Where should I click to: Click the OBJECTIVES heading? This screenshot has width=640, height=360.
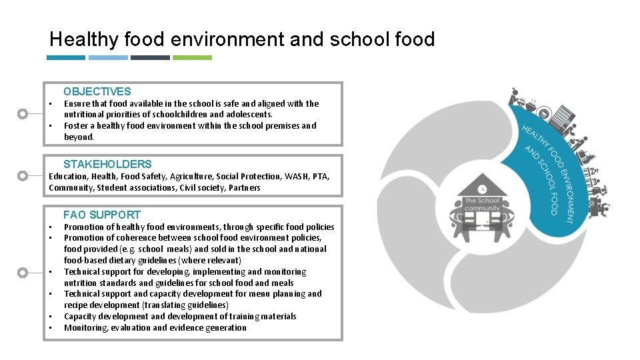click(x=97, y=92)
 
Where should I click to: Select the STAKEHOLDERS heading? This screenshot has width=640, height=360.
click(x=107, y=164)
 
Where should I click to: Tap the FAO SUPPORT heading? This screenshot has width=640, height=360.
click(x=102, y=215)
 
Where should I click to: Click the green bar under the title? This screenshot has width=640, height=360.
click(x=192, y=58)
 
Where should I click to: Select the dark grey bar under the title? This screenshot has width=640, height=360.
click(x=150, y=58)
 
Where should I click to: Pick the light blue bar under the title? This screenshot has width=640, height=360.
click(x=108, y=58)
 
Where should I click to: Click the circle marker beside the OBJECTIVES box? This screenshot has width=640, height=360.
click(x=23, y=114)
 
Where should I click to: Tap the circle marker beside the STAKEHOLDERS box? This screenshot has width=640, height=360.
click(x=23, y=176)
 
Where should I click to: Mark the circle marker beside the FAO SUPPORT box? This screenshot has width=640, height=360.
click(x=23, y=273)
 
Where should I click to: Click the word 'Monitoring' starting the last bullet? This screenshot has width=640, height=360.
click(x=85, y=328)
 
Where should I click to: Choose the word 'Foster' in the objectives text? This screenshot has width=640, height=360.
click(x=76, y=126)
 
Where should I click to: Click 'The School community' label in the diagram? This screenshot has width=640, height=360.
click(x=482, y=205)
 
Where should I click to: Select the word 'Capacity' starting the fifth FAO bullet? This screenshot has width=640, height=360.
click(x=81, y=317)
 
